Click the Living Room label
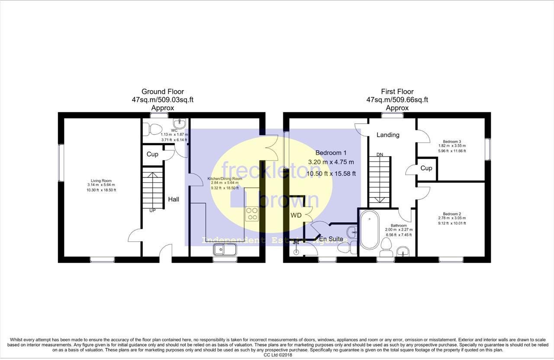point(101,181)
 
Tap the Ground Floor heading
point(163,91)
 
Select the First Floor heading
point(397,91)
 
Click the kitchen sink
point(225,250)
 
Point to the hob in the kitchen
point(252,214)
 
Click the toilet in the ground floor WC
point(152,128)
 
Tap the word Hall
point(174,199)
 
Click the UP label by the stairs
point(152,211)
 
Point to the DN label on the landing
point(380,154)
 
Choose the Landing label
point(388,135)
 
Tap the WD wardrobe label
point(296,215)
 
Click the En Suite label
point(331,239)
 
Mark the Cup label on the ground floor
point(152,154)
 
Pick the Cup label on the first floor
point(426,168)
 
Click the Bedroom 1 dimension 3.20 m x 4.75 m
point(331,162)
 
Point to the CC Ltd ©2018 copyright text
point(277,355)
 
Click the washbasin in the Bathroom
point(403,251)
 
